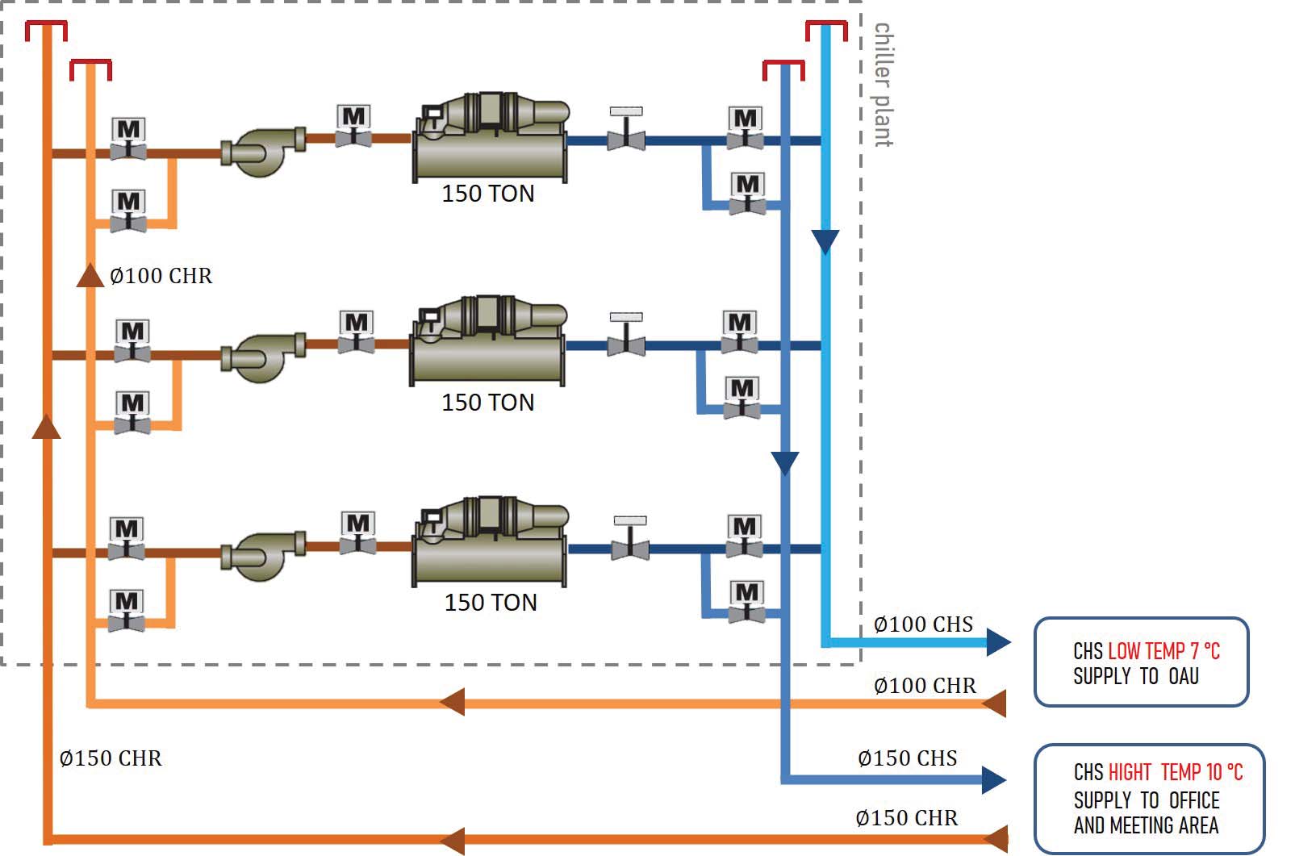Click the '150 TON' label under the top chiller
[x=487, y=194]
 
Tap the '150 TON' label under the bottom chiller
[x=491, y=603]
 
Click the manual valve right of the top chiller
[x=626, y=130]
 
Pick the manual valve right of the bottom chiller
[x=630, y=539]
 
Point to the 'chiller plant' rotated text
[x=884, y=85]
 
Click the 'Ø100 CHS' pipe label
[x=923, y=624]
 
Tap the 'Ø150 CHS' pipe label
[x=907, y=758]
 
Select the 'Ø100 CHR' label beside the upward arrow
[x=161, y=276]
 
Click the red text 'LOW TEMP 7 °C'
[x=1163, y=651]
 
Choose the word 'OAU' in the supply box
[x=1184, y=676]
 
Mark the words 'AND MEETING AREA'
[x=1146, y=825]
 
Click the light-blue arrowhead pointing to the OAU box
[x=998, y=642]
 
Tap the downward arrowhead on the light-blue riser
[x=825, y=241]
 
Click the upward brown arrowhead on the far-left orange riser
[x=46, y=427]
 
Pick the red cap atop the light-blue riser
[x=826, y=29]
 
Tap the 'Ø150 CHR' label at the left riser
[x=111, y=758]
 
